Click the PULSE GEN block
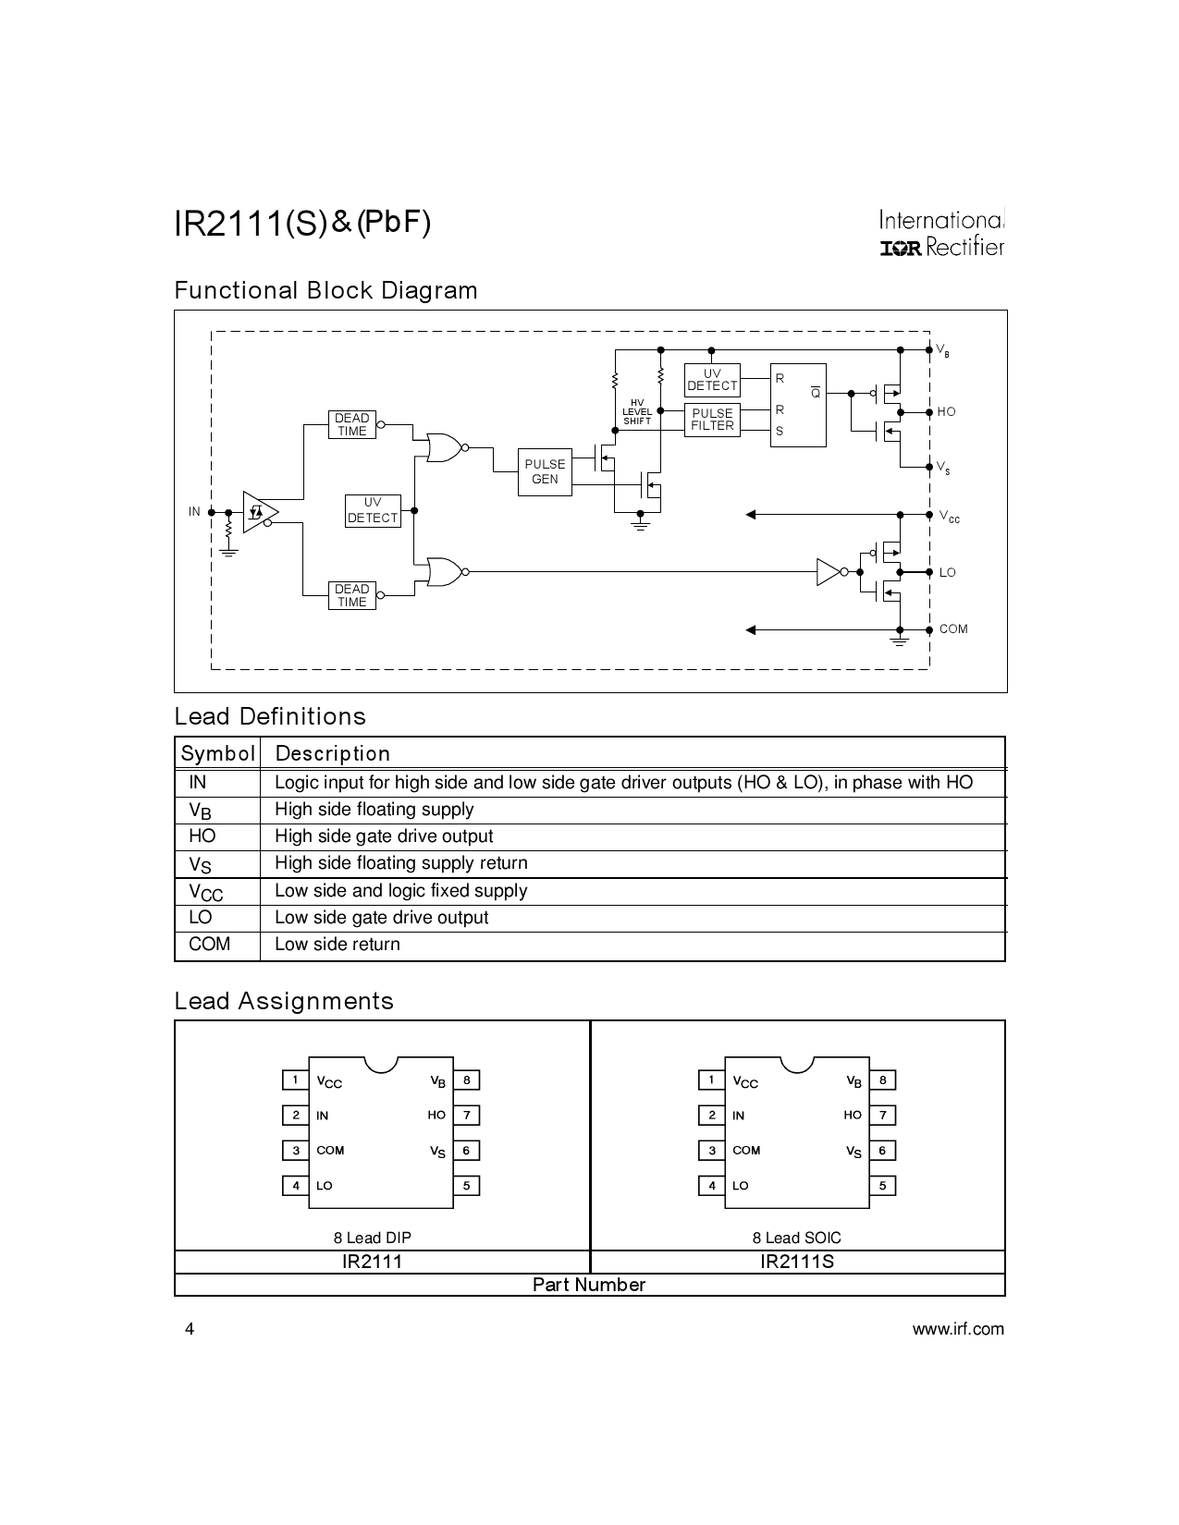tap(545, 471)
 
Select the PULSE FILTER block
tap(712, 420)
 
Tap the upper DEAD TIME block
tap(351, 424)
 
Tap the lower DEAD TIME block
tap(351, 595)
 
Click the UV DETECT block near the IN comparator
tap(373, 510)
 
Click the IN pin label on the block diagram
tap(194, 511)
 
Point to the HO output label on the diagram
tap(946, 412)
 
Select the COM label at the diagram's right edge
tap(953, 629)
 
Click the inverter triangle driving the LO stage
tap(828, 572)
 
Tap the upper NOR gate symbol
tap(443, 447)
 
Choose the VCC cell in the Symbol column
tap(206, 892)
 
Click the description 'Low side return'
tap(338, 945)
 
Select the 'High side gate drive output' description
tap(384, 836)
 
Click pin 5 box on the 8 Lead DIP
tap(466, 1186)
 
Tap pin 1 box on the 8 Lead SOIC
tap(711, 1080)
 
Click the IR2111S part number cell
tap(797, 1262)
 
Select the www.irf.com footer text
tap(958, 1329)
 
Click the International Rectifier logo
tap(941, 234)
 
